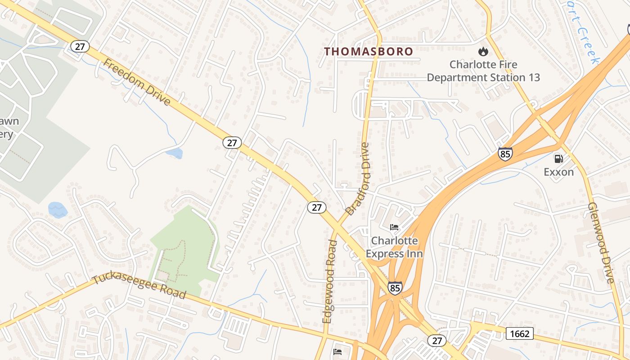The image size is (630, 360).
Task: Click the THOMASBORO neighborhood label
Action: [369, 52]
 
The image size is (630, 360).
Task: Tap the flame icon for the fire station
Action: [483, 52]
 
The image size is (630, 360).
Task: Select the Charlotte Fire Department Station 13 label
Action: [483, 71]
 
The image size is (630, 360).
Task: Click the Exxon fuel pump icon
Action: [558, 158]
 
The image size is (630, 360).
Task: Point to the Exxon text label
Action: [558, 172]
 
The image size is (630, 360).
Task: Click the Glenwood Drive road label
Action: [601, 243]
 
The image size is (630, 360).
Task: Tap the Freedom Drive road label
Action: [136, 82]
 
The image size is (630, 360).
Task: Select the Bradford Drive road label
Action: [358, 178]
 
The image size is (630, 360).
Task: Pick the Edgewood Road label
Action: [330, 281]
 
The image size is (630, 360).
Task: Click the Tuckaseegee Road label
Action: [139, 287]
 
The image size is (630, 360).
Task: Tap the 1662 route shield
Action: [520, 333]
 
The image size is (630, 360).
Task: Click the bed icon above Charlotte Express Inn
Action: [394, 227]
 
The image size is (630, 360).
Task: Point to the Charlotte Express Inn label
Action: [394, 247]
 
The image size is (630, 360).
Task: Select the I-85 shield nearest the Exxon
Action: [505, 154]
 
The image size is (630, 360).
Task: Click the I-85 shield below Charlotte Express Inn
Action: [395, 288]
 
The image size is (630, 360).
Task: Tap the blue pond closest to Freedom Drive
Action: [174, 153]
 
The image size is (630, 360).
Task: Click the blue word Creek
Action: [590, 45]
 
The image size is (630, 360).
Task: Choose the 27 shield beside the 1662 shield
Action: [436, 340]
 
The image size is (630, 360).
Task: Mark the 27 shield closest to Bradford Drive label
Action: [317, 207]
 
